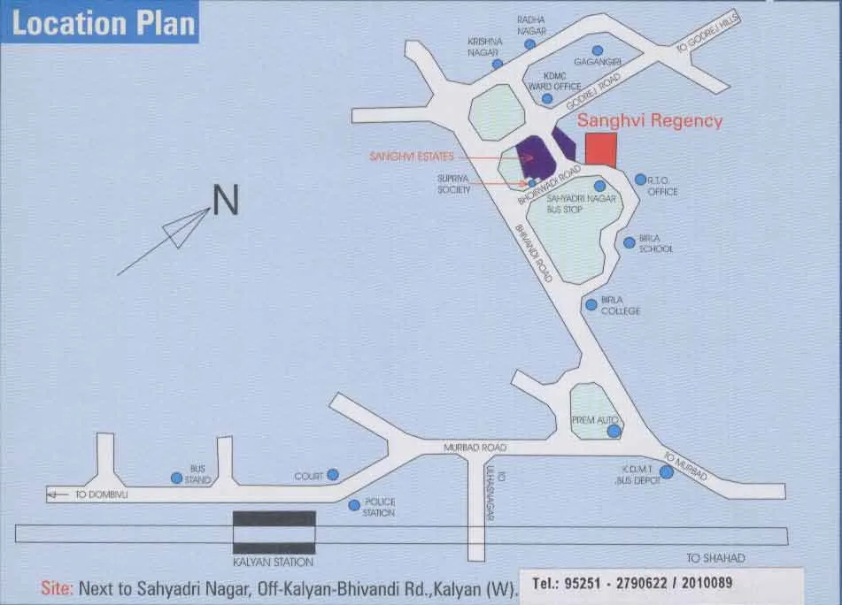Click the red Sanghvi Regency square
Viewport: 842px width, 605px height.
click(602, 149)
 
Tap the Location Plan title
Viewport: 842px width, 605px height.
click(103, 23)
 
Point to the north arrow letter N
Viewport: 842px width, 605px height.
click(226, 200)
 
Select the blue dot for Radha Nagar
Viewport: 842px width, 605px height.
click(529, 44)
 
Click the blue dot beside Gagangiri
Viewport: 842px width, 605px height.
click(598, 50)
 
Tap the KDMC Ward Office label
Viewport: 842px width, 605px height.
click(554, 81)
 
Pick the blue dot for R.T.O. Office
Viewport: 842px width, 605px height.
click(640, 180)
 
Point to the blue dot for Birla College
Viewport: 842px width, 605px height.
click(591, 304)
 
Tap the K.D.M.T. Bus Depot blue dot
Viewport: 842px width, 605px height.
click(666, 472)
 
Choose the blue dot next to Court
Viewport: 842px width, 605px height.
click(333, 475)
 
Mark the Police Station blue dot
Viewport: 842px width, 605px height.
click(354, 505)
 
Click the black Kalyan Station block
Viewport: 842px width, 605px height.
click(274, 532)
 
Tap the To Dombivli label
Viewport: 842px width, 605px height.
click(102, 495)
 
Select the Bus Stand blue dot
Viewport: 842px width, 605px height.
click(176, 478)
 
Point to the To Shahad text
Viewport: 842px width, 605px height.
click(716, 558)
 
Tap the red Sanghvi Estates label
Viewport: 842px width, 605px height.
click(411, 157)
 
